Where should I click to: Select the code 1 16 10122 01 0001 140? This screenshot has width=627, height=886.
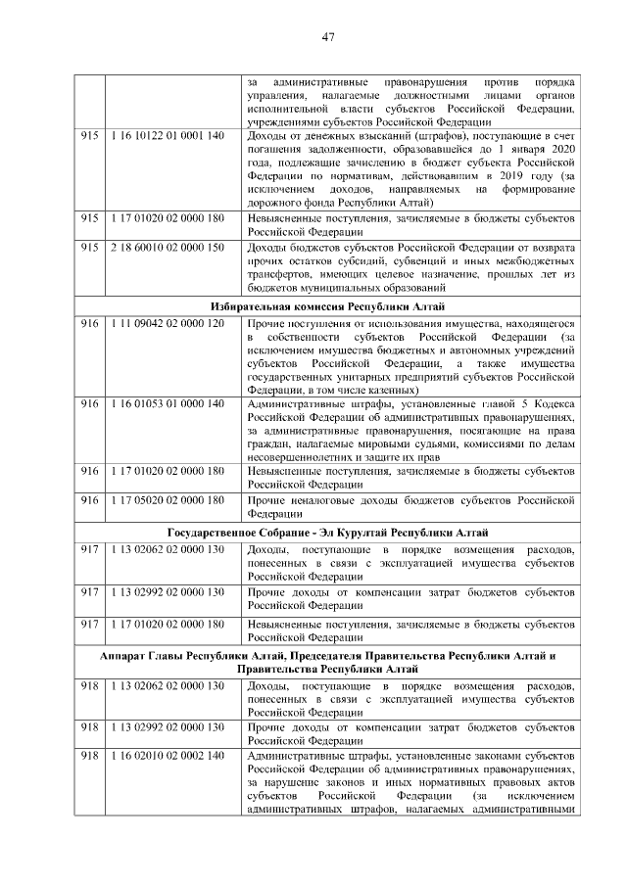168,136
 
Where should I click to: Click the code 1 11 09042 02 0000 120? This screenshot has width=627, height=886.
168,323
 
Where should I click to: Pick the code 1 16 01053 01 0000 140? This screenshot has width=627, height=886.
168,403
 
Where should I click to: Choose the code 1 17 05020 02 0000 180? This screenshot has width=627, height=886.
168,500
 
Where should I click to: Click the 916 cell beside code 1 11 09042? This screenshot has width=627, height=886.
90,323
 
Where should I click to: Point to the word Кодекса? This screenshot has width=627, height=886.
554,403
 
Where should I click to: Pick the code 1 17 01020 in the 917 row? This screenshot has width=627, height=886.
168,624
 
